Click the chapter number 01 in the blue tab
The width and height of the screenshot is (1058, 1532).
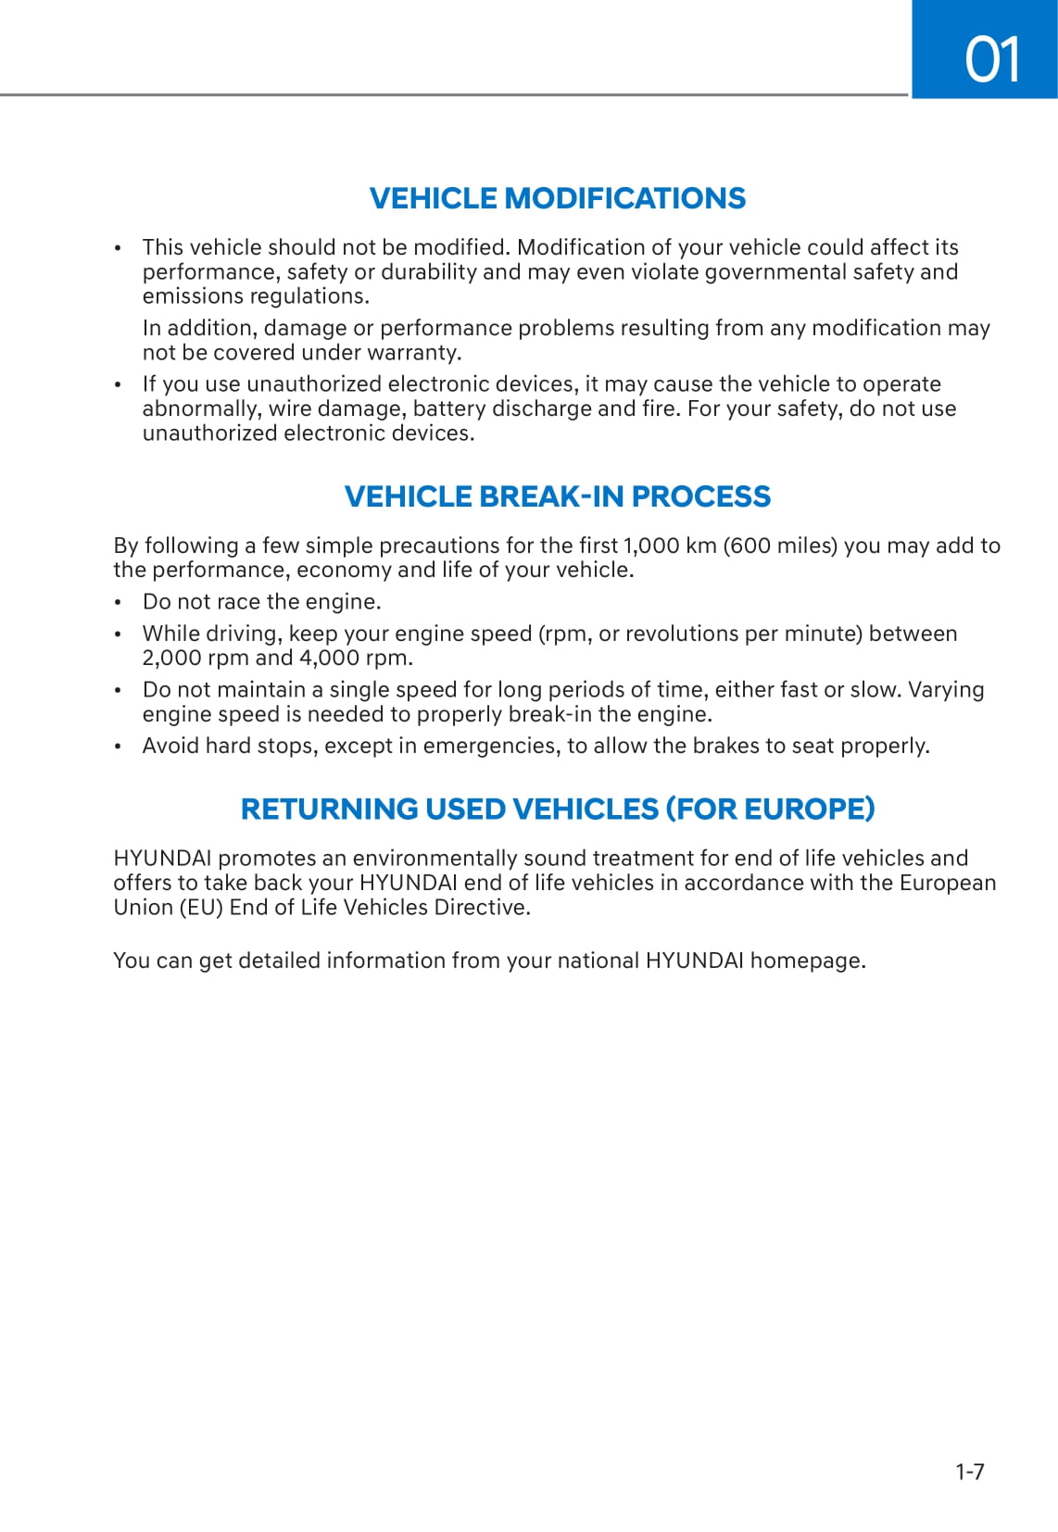[991, 59]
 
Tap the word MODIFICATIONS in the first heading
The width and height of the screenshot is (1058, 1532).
[624, 198]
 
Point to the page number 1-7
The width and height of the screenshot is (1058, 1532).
[969, 1471]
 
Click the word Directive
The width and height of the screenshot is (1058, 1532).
[483, 908]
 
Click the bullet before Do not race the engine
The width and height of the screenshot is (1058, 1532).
[118, 603]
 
